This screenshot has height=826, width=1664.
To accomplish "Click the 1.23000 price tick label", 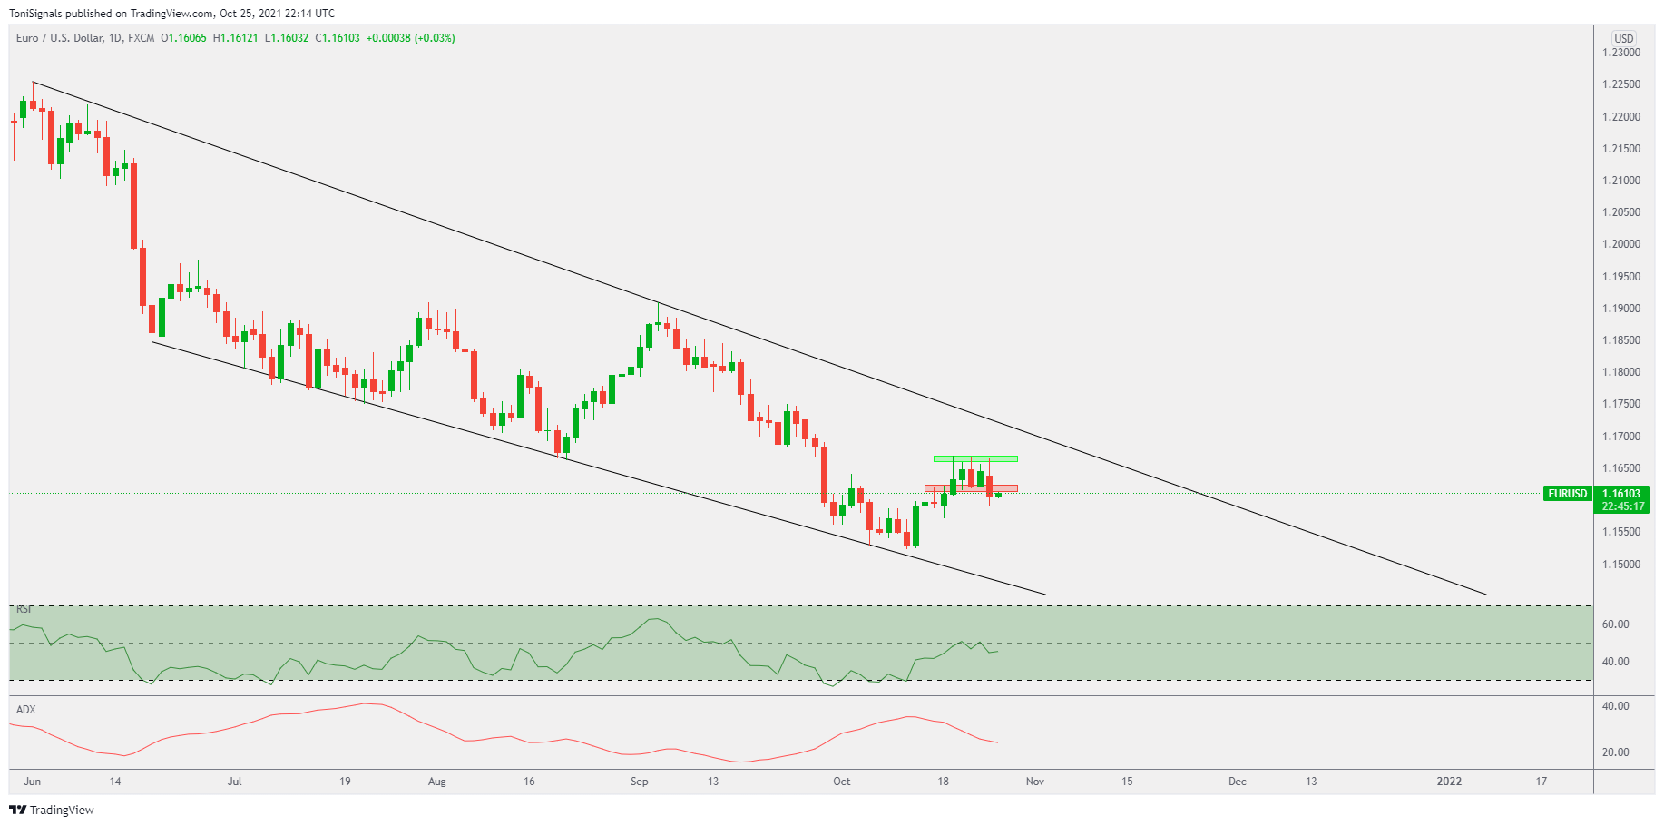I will [1620, 53].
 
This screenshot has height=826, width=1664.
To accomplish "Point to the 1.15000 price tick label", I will [1620, 565].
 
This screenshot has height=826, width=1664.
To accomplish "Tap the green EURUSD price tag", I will [1567, 494].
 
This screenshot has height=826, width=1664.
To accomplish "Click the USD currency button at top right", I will [1623, 38].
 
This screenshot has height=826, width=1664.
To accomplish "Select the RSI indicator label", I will [24, 609].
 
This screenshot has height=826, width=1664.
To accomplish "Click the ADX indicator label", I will [26, 710].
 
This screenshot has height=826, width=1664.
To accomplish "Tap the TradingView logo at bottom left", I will [52, 810].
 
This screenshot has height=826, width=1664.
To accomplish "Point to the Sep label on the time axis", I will [640, 782].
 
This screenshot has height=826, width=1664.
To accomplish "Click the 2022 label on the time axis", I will [1449, 782].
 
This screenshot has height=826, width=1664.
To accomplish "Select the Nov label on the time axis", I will [1035, 782].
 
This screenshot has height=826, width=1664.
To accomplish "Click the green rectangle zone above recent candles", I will [975, 458].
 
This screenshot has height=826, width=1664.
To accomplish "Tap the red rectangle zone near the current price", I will [971, 488].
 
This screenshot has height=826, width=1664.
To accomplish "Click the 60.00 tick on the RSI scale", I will [1615, 624].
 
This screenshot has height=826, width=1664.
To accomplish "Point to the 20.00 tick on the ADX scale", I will [1615, 752].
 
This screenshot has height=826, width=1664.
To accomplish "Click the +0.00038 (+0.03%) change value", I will [411, 38].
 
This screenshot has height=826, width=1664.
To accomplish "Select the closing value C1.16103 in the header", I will [338, 38].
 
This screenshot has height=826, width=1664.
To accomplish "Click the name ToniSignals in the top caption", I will [35, 14].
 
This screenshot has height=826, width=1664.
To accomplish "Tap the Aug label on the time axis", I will [437, 782].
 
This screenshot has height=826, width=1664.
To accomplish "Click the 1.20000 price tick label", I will [1620, 244].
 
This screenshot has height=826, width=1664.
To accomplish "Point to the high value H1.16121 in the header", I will [236, 38].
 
